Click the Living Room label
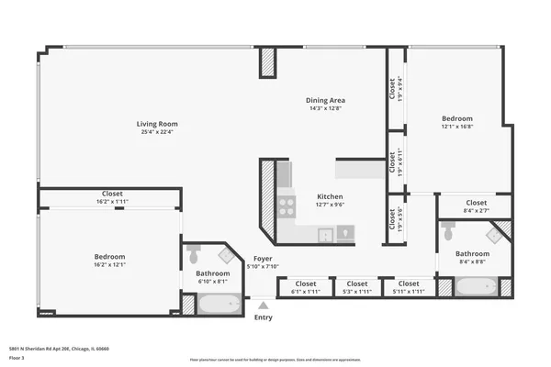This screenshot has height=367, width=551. click(157, 124)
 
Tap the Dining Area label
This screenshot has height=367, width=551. click(325, 100)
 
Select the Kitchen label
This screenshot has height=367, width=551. click(330, 197)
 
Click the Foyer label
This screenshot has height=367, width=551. click(264, 260)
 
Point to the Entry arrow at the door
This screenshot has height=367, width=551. click(264, 306)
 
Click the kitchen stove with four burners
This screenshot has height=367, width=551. click(286, 206)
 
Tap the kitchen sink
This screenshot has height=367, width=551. click(326, 234)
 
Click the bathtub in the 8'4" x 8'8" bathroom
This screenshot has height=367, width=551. click(478, 288)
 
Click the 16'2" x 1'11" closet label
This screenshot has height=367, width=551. click(112, 194)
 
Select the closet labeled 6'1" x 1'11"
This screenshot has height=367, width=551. click(305, 284)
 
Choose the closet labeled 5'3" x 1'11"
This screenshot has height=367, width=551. click(357, 284)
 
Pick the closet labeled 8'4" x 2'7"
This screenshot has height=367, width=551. click(476, 203)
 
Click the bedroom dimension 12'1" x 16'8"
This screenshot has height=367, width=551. click(456, 127)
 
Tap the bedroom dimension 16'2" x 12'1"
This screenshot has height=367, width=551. click(109, 264)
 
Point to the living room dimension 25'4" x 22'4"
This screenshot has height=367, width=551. click(157, 132)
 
